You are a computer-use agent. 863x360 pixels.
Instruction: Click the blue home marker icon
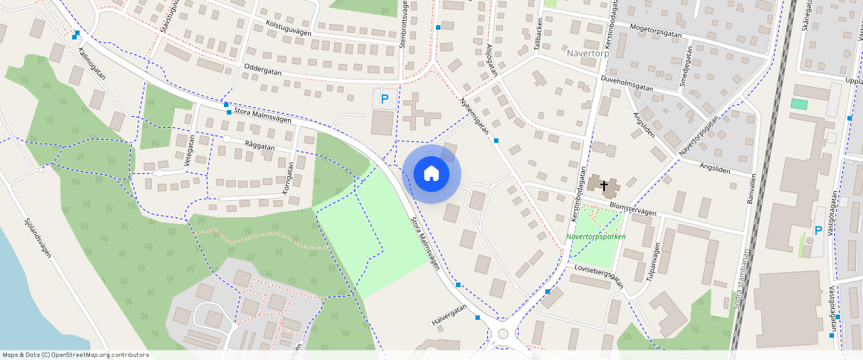(x=431, y=174)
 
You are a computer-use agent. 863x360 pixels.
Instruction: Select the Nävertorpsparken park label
(x=596, y=237)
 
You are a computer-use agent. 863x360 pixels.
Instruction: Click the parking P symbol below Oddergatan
(x=385, y=98)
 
